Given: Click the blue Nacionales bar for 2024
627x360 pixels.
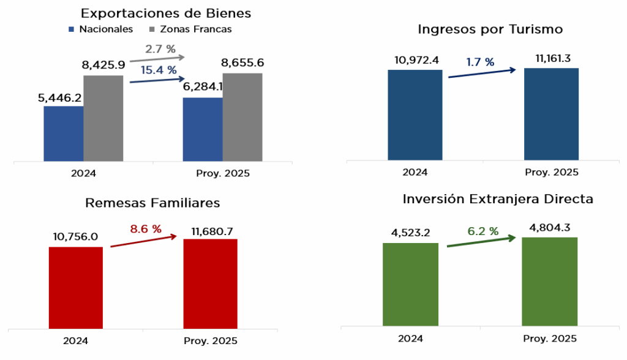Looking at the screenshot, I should tap(64, 134).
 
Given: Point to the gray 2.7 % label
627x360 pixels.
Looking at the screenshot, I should tap(160, 48).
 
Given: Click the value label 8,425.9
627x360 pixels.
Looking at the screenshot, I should tap(103, 64).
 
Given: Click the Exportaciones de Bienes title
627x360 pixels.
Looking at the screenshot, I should tap(166, 13).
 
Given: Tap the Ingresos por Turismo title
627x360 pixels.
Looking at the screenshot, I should tap(490, 29).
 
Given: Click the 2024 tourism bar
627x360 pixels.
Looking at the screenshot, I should tap(415, 115).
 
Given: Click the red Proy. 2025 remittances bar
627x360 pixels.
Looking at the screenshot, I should tap(210, 283).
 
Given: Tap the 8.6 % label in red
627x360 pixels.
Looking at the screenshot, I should tap(145, 230).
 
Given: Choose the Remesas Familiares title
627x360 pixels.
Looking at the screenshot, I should tap(152, 203).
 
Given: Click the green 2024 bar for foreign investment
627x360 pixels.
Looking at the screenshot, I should tap(410, 284).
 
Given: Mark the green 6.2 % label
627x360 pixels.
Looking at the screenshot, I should tap(482, 231).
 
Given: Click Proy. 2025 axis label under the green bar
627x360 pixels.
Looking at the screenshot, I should tap(550, 339).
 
